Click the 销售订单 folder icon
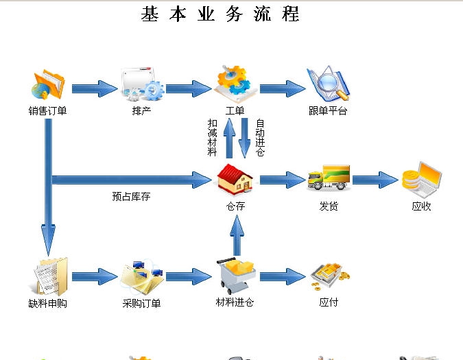pos(47,84)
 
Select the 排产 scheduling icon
pos(142,84)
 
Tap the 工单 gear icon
pos(235,83)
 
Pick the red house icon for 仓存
pos(235,180)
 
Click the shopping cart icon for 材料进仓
pos(235,276)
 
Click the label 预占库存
pos(131,197)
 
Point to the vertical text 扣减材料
pos(213,137)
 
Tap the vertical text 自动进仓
pos(260,137)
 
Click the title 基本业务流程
pos(220,14)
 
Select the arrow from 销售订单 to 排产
pos(95,88)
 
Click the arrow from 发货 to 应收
pos(375,180)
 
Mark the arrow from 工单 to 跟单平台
pos(282,88)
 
